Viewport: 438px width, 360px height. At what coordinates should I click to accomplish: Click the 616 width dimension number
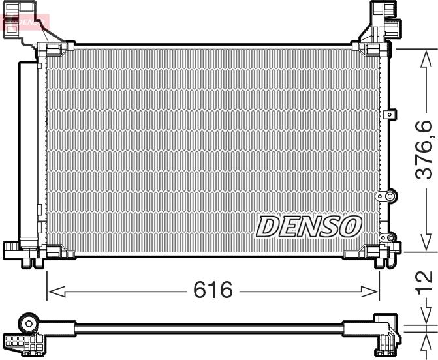[x=213, y=290]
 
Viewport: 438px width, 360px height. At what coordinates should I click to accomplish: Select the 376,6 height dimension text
[x=425, y=149]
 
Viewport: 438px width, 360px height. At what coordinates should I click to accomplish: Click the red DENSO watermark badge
[x=26, y=23]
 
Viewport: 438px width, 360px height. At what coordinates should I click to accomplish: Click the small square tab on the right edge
[x=390, y=115]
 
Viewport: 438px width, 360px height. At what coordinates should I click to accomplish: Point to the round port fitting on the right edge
[x=390, y=196]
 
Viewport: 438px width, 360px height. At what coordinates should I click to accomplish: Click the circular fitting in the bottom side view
[x=29, y=323]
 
